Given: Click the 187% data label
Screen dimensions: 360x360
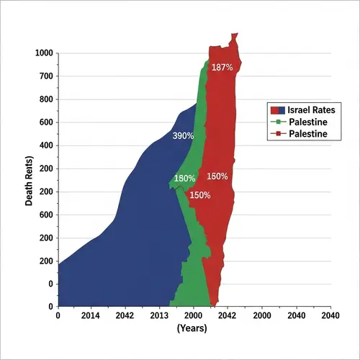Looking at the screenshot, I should pyautogui.click(x=222, y=68).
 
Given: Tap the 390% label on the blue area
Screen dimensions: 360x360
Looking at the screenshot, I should pyautogui.click(x=184, y=135).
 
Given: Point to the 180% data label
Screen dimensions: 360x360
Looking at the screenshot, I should pyautogui.click(x=185, y=179).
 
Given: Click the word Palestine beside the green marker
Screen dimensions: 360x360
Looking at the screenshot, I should pyautogui.click(x=308, y=122).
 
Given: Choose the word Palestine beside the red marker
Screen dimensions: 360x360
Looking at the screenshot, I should pyautogui.click(x=308, y=134).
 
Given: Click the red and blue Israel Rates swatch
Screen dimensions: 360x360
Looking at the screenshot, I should pyautogui.click(x=276, y=110).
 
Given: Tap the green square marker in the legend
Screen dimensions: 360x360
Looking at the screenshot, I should pyautogui.click(x=276, y=122).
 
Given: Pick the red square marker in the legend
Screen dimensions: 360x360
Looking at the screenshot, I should pyautogui.click(x=276, y=134).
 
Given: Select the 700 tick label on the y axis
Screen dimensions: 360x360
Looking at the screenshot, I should pyautogui.click(x=46, y=76).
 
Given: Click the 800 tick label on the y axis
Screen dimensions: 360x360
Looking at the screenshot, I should pyautogui.click(x=46, y=99).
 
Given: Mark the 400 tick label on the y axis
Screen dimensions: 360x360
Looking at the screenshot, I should pyautogui.click(x=46, y=145).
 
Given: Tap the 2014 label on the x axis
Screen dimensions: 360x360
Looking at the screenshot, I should pyautogui.click(x=91, y=315).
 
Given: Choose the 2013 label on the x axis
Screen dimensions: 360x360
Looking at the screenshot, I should pyautogui.click(x=159, y=315).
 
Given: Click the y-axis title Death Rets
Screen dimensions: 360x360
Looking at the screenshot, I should pyautogui.click(x=29, y=180).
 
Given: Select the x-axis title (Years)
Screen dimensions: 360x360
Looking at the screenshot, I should pyautogui.click(x=192, y=328).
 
